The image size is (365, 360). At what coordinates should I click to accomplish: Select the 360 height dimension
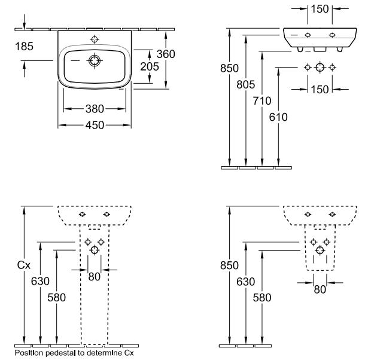pos(165,54)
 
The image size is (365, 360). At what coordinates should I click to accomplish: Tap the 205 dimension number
pos(149,66)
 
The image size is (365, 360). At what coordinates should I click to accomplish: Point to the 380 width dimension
pos(95,109)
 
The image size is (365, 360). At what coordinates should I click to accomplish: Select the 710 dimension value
pos(261,100)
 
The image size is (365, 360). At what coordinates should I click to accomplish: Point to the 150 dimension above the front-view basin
pos(319,9)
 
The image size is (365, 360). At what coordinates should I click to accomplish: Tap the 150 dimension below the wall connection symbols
pos(319,89)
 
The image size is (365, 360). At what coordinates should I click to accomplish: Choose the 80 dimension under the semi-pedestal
pos(320,289)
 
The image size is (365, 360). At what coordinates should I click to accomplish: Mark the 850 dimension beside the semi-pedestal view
pos(230,265)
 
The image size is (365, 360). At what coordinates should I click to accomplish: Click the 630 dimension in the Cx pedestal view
pos(38,282)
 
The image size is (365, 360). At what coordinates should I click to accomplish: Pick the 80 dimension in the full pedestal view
pos(95,276)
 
